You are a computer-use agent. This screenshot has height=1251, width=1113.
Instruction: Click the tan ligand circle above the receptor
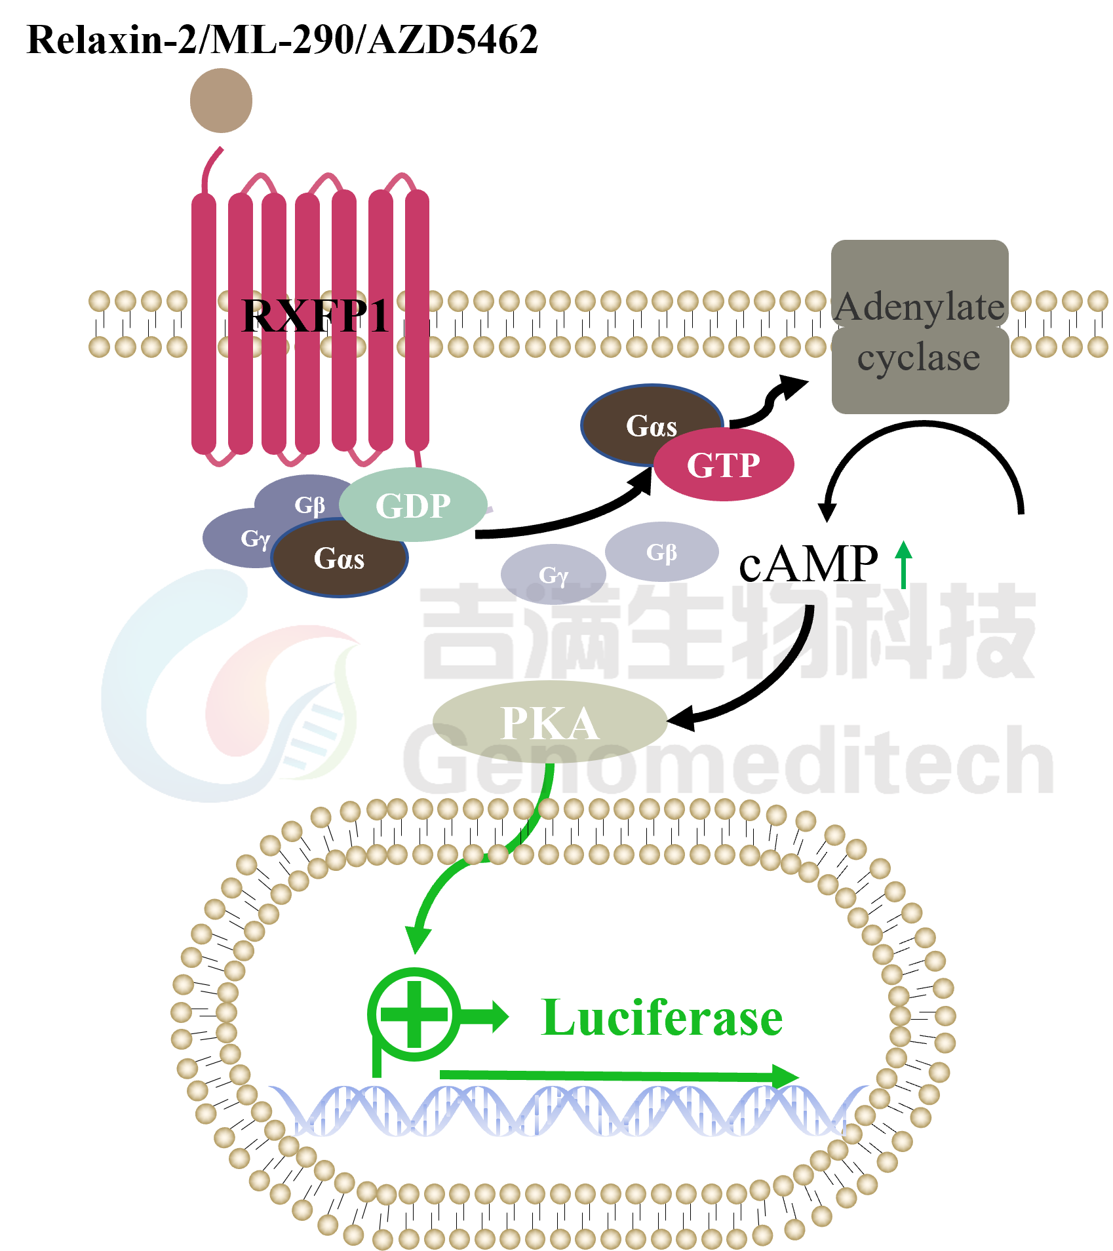click(221, 100)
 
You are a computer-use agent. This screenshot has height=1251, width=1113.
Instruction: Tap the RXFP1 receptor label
click(315, 316)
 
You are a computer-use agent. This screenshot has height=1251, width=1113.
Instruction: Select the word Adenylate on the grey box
click(920, 307)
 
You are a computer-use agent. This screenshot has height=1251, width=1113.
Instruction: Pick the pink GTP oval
click(724, 465)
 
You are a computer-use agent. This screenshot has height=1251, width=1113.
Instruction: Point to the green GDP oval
click(413, 505)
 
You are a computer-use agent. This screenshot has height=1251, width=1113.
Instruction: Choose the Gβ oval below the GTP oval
click(661, 552)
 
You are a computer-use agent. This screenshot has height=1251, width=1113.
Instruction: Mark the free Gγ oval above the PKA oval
click(553, 574)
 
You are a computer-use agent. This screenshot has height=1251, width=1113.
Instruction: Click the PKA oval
click(549, 723)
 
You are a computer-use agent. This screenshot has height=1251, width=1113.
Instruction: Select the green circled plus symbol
click(414, 1014)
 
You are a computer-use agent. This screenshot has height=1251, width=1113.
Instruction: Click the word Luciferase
click(662, 1018)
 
